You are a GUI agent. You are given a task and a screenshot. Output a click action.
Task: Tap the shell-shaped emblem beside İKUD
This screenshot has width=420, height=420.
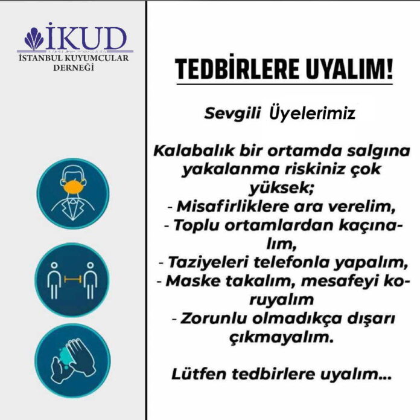(x=34, y=39)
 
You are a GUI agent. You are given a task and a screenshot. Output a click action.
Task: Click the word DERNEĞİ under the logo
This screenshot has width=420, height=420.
(x=74, y=68)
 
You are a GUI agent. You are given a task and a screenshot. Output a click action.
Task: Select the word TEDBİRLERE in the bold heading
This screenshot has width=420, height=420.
(x=237, y=69)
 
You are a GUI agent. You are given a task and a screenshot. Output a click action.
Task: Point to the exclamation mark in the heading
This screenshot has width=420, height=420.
(x=389, y=69)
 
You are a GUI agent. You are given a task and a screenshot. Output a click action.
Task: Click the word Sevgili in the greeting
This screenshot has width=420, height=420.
(x=232, y=114)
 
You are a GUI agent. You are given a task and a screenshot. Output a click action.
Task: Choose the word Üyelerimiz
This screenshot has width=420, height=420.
(x=312, y=113)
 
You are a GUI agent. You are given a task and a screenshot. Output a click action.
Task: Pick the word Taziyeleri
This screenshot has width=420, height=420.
(x=208, y=262)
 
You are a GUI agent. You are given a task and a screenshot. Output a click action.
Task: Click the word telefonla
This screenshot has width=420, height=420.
(x=291, y=262)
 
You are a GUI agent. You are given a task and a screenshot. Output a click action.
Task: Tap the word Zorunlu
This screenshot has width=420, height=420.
(x=213, y=318)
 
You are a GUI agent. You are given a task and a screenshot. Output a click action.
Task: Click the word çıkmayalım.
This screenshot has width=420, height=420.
(x=282, y=338)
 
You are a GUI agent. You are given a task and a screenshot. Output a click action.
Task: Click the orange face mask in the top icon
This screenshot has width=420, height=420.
(x=74, y=187)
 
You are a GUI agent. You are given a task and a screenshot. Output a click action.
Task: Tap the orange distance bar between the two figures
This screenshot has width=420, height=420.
(x=72, y=279)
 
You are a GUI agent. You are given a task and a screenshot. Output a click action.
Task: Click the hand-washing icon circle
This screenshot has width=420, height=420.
(x=72, y=360)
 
